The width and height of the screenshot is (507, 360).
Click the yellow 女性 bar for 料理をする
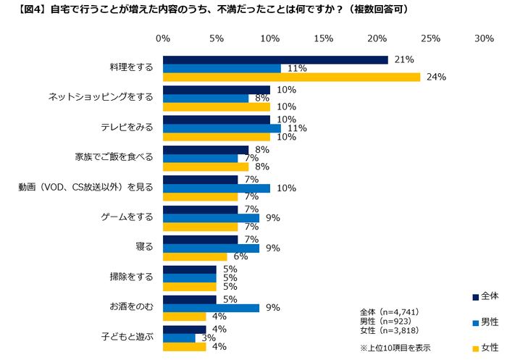pyautogui.click(x=291, y=77)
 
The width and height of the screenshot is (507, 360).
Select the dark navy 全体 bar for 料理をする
pyautogui.click(x=275, y=59)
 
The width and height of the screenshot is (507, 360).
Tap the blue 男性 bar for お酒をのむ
pyautogui.click(x=211, y=308)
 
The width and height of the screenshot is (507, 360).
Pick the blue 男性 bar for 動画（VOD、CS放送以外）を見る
pyautogui.click(x=217, y=188)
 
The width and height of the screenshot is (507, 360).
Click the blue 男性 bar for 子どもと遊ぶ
pyautogui.click(x=179, y=338)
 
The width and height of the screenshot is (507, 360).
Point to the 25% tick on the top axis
pyautogui.click(x=430, y=38)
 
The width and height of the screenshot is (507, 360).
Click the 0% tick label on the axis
pyautogui.click(x=163, y=38)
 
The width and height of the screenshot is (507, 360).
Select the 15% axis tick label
pyautogui.click(x=323, y=38)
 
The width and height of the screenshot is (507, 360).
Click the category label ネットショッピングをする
pyautogui.click(x=101, y=97)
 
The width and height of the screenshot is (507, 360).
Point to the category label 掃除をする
pyautogui.click(x=134, y=276)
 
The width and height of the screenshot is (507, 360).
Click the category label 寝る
pyautogui.click(x=144, y=246)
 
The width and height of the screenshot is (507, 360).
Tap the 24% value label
pyautogui.click(x=436, y=77)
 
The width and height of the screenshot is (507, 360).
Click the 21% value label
pyautogui.click(x=404, y=59)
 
